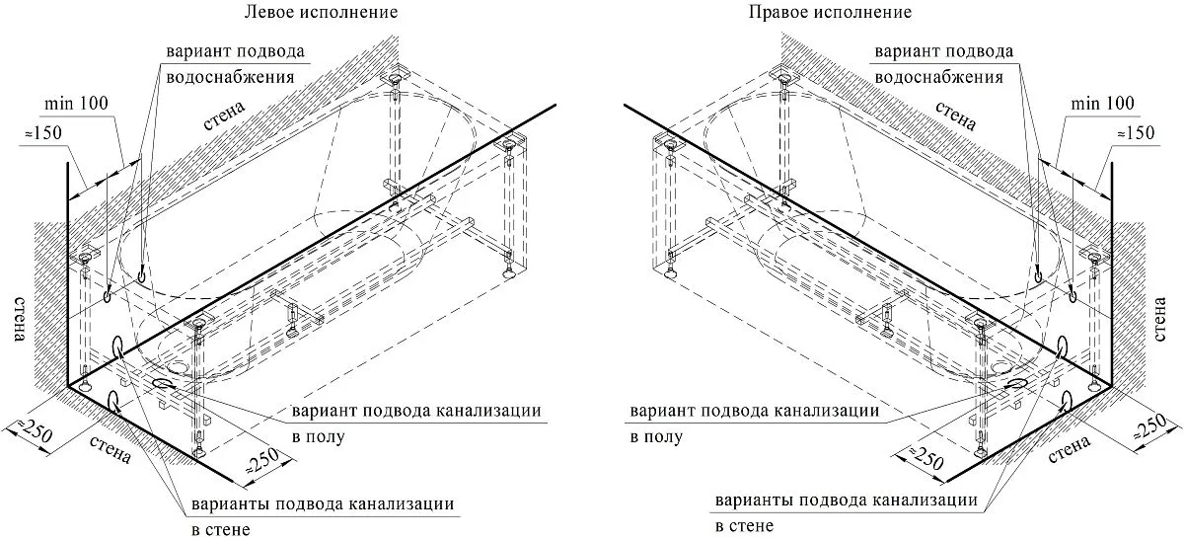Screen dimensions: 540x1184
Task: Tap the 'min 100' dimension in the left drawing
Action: (77, 103)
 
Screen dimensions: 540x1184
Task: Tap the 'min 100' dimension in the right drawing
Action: (1102, 103)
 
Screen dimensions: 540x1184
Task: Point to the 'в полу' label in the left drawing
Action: (318, 437)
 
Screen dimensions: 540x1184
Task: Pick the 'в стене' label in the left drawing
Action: (221, 529)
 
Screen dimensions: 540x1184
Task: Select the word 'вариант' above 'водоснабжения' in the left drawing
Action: (197, 51)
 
